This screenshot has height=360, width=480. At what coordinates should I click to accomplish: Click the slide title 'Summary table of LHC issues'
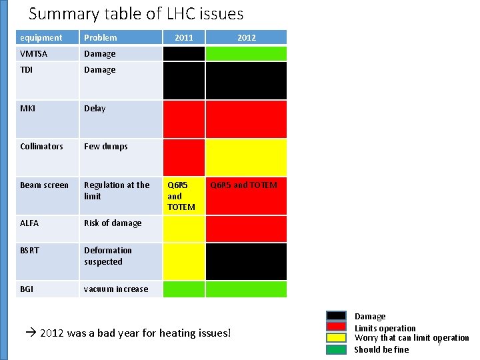tap(136, 13)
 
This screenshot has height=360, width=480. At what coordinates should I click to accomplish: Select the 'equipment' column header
tap(41, 38)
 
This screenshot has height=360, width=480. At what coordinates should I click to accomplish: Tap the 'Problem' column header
tap(100, 38)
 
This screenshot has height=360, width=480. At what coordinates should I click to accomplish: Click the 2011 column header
tap(184, 38)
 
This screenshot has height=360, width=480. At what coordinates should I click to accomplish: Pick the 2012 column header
tap(246, 38)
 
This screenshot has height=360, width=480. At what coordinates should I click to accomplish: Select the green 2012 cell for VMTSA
tap(246, 54)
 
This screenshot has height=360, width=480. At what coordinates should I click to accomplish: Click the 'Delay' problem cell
tap(95, 109)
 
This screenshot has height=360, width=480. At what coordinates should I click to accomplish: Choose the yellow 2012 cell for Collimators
tap(246, 157)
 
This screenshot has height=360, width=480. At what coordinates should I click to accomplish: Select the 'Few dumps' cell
tap(105, 147)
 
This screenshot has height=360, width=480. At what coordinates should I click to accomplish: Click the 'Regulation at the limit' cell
tap(117, 191)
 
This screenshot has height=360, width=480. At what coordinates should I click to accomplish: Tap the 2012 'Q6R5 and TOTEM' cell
tap(243, 185)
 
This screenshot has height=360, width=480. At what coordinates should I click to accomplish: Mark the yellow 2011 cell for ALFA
tap(184, 229)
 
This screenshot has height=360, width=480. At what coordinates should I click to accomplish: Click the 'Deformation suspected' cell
tap(107, 256)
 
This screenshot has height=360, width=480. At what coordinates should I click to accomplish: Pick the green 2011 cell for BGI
tap(184, 289)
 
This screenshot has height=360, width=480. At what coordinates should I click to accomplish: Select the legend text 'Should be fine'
tap(381, 350)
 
